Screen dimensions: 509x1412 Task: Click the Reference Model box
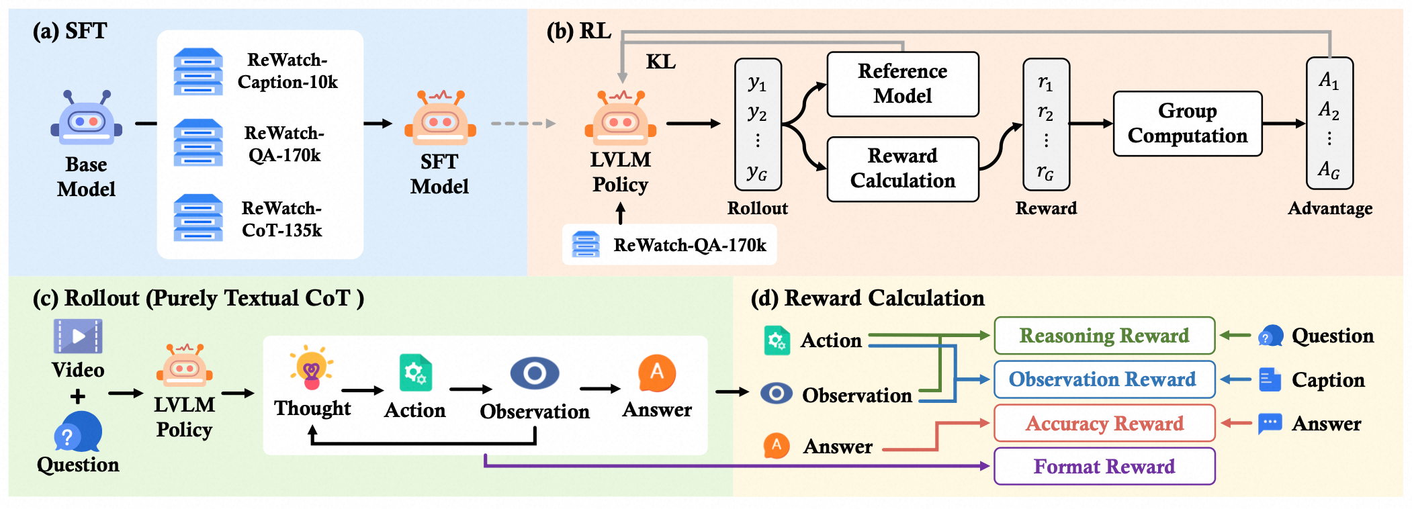pyautogui.click(x=902, y=84)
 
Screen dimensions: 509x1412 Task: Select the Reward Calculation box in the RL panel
pyautogui.click(x=902, y=169)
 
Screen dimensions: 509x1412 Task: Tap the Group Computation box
pyautogui.click(x=1187, y=124)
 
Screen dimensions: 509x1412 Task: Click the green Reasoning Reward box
pyautogui.click(x=1104, y=335)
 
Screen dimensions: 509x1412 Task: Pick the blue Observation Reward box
pyautogui.click(x=1104, y=379)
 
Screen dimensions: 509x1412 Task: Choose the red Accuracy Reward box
pyautogui.click(x=1104, y=423)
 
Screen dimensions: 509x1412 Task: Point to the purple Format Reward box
pyautogui.click(x=1104, y=466)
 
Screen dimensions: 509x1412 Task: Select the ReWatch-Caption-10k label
pyautogui.click(x=288, y=71)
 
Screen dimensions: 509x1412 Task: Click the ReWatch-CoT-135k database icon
pyautogui.click(x=198, y=218)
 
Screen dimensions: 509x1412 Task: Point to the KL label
pyautogui.click(x=660, y=62)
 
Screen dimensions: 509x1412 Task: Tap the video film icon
pyautogui.click(x=78, y=336)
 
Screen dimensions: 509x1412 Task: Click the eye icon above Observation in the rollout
pyautogui.click(x=534, y=373)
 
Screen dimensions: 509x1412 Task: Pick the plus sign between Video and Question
pyautogui.click(x=78, y=396)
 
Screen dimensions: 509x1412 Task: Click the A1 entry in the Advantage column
pyautogui.click(x=1329, y=81)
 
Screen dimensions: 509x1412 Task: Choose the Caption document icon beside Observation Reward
pyautogui.click(x=1269, y=379)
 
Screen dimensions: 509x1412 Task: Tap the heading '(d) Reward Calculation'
pyautogui.click(x=867, y=298)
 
